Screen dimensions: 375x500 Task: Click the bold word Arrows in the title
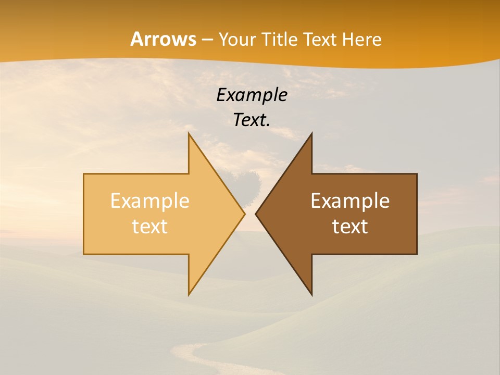[163, 40]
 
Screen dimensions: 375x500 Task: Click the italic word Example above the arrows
[252, 95]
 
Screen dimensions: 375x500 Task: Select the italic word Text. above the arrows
[252, 120]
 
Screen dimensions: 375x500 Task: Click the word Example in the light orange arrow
[150, 201]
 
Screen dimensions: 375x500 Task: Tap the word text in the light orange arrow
[150, 227]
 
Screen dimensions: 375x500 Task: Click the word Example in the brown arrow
[350, 201]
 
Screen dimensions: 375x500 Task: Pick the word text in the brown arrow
[350, 227]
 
